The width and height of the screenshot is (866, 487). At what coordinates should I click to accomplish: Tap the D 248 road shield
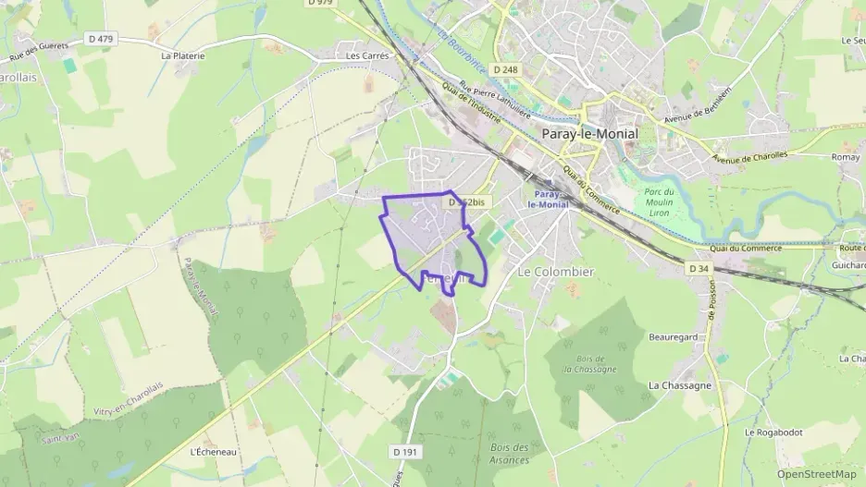506,69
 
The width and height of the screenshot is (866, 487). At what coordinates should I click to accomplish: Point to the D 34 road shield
699,268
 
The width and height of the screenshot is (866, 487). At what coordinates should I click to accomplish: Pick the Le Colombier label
555,272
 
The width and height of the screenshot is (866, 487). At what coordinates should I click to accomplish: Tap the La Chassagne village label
680,385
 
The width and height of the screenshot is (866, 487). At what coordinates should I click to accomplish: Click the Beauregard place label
673,337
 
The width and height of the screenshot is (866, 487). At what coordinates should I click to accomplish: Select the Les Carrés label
367,55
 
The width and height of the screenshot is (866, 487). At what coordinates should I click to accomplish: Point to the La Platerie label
182,55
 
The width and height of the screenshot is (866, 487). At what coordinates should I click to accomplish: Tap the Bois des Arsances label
510,453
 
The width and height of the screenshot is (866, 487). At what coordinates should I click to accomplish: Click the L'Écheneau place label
208,452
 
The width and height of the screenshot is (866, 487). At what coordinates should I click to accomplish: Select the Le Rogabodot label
773,432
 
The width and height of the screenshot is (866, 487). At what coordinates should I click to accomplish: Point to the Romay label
846,158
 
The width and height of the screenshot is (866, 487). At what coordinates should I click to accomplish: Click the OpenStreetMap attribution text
816,474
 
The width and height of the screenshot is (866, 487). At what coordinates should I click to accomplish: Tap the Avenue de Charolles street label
749,156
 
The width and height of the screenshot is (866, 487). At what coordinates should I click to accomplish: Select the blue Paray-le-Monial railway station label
546,200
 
